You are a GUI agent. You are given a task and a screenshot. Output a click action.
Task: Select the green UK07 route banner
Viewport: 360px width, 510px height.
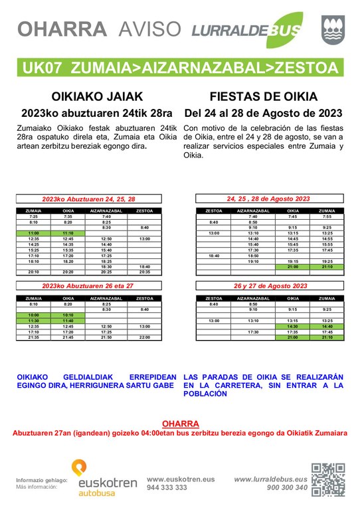click(x=180, y=67)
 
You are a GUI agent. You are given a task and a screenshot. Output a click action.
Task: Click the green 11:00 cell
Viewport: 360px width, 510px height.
click(x=34, y=233)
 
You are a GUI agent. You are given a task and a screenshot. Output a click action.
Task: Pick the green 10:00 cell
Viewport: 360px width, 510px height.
click(x=34, y=315)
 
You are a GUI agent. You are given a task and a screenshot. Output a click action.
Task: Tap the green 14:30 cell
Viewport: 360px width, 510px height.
click(x=293, y=326)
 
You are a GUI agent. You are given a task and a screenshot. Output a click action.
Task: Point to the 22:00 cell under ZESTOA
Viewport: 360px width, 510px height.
click(x=145, y=337)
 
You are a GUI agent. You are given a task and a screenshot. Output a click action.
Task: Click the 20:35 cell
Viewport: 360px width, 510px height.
click(x=145, y=272)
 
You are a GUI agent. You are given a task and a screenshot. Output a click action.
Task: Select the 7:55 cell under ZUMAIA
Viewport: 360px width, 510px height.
click(x=327, y=216)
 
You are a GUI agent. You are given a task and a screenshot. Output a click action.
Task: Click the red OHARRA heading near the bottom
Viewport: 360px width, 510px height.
click(x=179, y=424)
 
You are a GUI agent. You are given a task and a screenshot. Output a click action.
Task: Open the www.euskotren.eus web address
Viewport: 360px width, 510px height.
click(x=181, y=478)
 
